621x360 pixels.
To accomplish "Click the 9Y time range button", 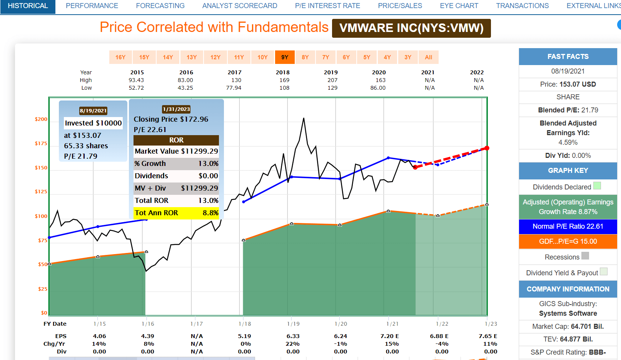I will (x=285, y=57).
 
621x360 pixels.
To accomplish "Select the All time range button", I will (x=428, y=57).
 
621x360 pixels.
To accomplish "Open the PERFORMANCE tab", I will (x=92, y=6).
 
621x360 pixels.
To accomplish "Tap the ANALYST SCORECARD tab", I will (x=240, y=6).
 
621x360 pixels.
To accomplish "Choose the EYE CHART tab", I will (x=459, y=6).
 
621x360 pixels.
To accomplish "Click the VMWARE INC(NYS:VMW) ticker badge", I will (x=411, y=28).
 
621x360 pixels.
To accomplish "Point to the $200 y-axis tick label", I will (x=41, y=119).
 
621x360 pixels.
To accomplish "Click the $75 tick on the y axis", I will (x=42, y=241).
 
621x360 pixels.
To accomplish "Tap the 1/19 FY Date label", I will (x=293, y=324).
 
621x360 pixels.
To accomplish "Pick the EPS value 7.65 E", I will (x=487, y=336).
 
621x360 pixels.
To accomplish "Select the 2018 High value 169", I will (x=284, y=80).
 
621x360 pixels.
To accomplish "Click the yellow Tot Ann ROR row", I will (x=176, y=213).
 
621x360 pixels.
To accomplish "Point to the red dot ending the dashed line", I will (x=487, y=148).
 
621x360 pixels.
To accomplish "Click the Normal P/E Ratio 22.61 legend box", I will (x=568, y=226).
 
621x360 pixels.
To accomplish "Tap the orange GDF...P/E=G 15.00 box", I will (x=568, y=241).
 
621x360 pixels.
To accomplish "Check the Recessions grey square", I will (x=585, y=256).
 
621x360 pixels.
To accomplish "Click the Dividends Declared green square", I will (x=597, y=186).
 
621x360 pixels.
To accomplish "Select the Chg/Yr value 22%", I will (x=292, y=344).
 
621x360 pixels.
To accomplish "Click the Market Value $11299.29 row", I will (x=176, y=151).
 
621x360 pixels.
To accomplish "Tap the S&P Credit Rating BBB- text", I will (x=568, y=352).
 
